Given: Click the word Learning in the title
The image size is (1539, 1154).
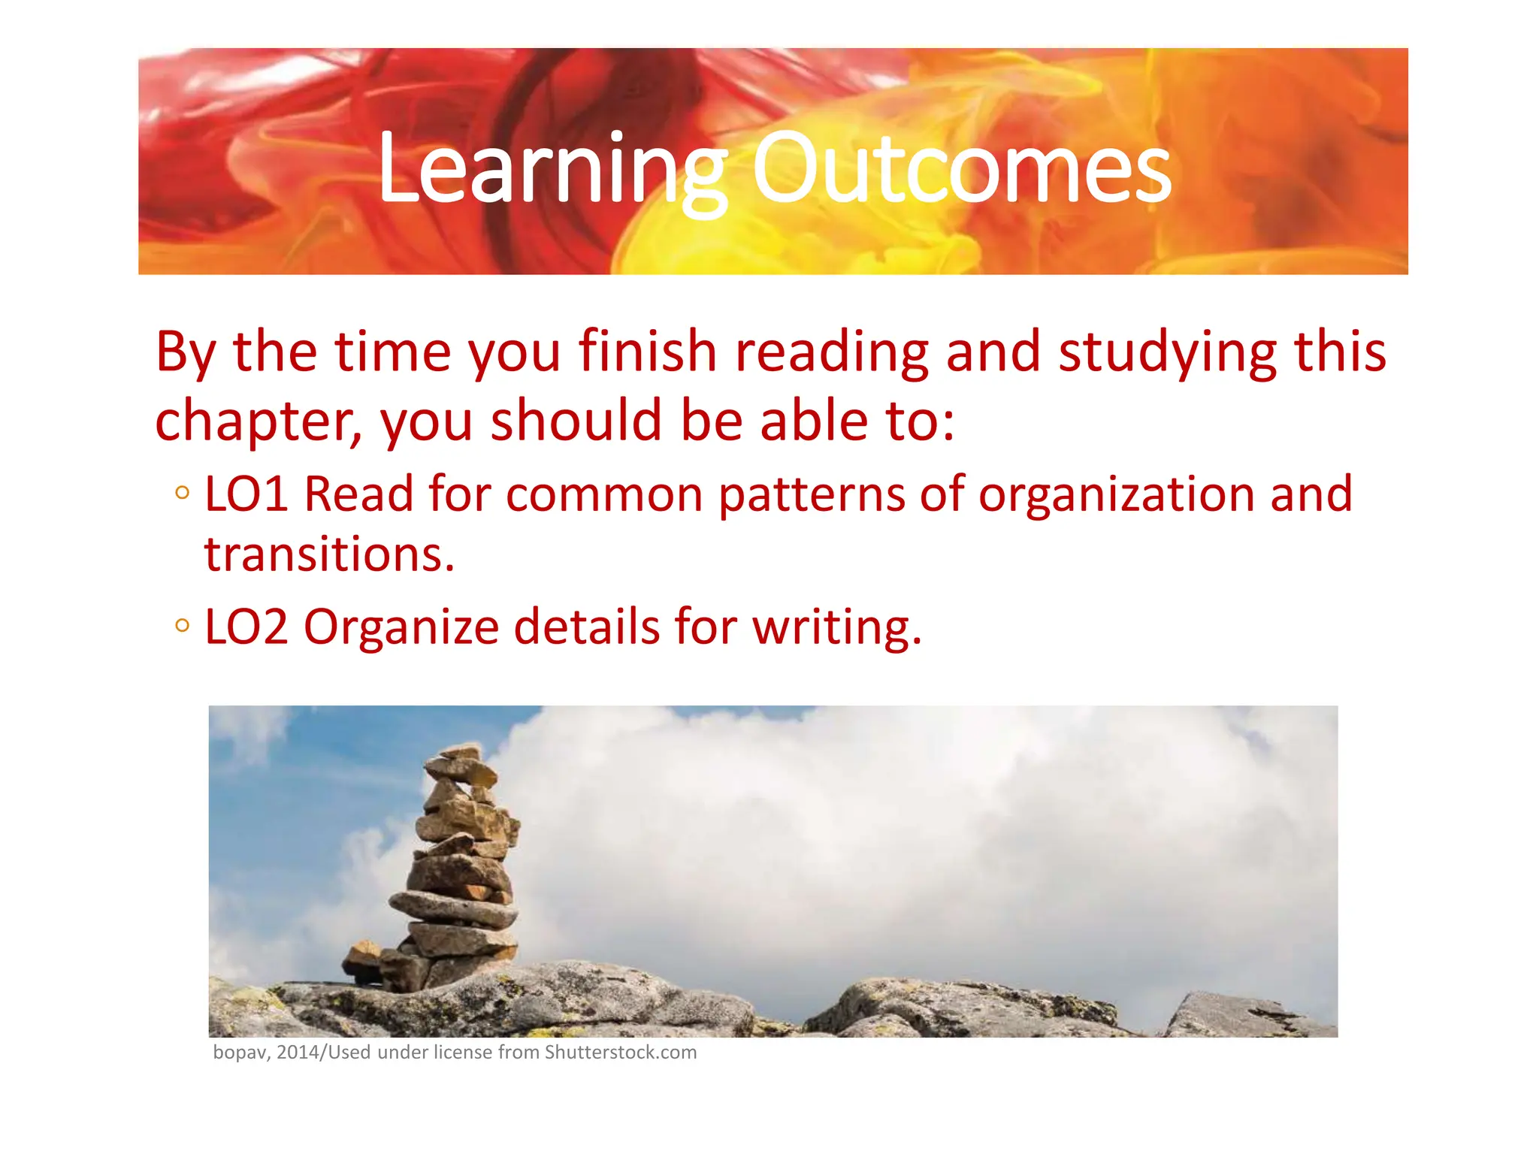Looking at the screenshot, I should [x=552, y=169].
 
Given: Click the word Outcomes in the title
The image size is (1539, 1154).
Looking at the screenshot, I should [x=961, y=169].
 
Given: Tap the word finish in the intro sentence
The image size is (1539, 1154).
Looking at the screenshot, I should [x=648, y=352].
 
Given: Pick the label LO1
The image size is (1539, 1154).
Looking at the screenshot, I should [x=246, y=494].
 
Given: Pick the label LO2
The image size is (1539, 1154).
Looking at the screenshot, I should [x=246, y=627].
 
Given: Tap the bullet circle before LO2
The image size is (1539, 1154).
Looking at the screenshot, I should [x=182, y=625].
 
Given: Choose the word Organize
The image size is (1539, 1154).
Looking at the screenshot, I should [x=401, y=628].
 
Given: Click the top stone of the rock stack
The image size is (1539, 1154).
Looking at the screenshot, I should [x=460, y=752].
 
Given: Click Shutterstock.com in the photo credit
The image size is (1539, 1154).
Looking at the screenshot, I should [x=621, y=1053].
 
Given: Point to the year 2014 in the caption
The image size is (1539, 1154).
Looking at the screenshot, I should [x=298, y=1053].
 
